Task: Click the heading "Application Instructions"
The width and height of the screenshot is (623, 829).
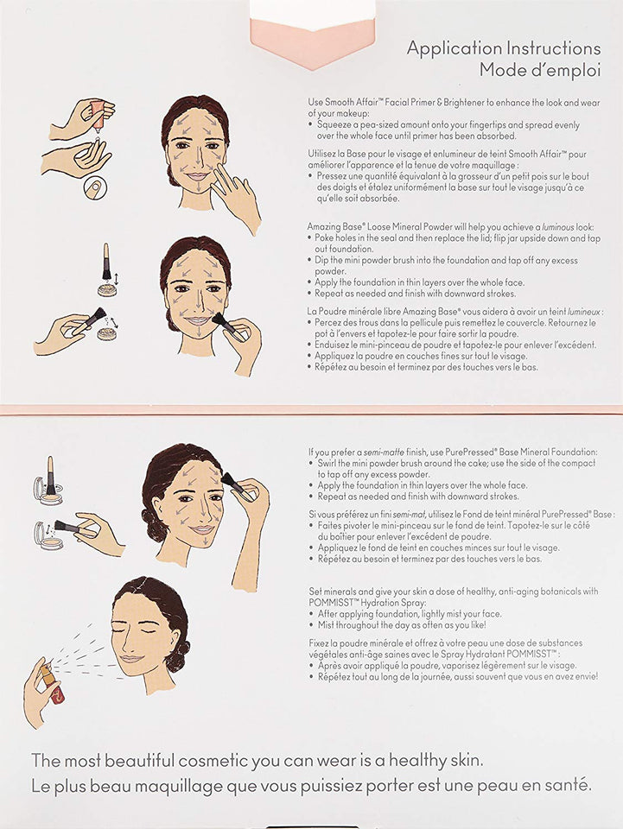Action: (503, 48)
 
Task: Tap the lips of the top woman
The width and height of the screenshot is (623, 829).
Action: (197, 176)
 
